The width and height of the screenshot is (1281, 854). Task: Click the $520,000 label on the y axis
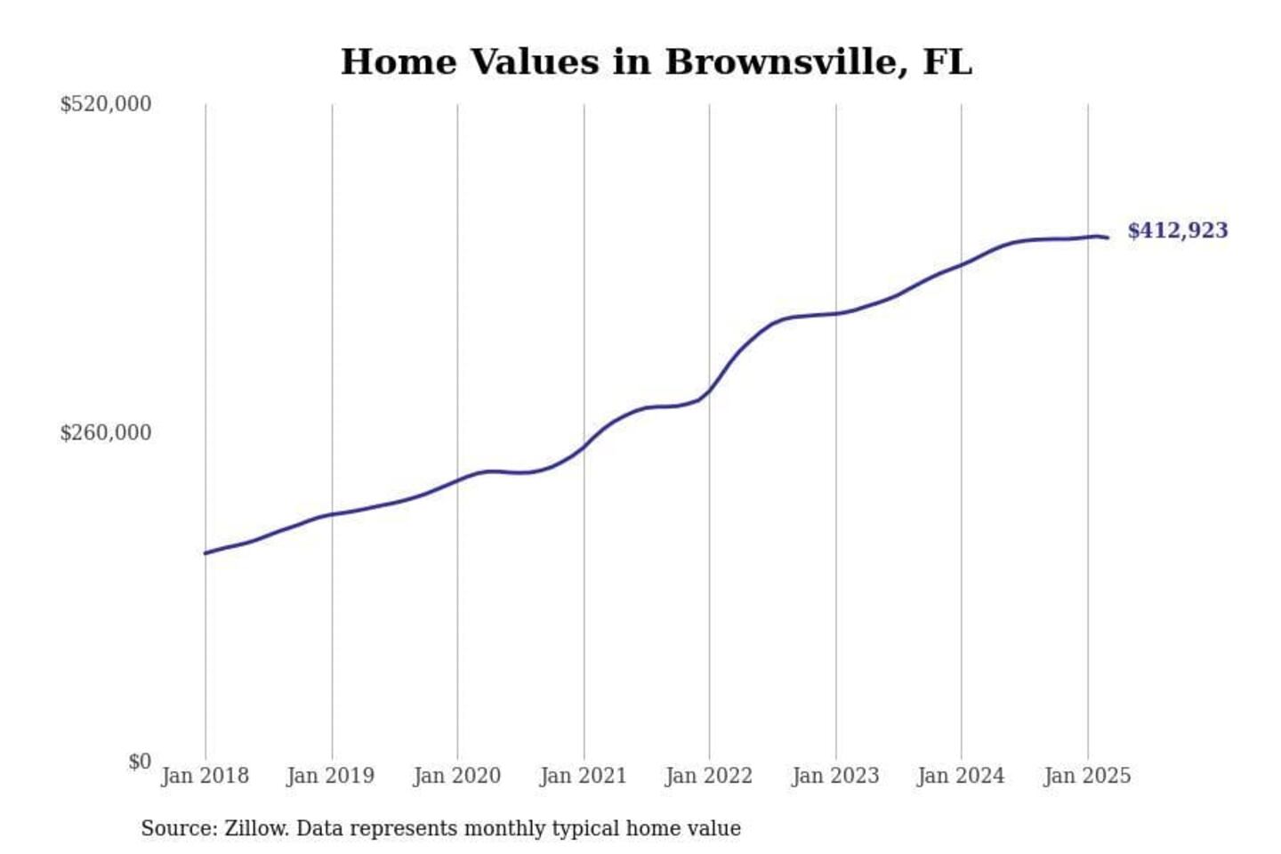point(105,104)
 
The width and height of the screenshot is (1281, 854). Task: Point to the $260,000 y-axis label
point(105,433)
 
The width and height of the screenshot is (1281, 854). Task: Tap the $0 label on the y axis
point(139,761)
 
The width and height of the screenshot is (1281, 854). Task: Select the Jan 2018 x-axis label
point(205,776)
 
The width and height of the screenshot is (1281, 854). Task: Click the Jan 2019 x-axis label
point(331,776)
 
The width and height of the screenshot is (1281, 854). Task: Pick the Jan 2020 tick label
point(457,776)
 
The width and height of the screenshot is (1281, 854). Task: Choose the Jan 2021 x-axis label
point(584,776)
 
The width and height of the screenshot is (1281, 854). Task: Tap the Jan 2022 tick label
point(709,776)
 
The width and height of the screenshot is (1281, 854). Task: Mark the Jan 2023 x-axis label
point(835,776)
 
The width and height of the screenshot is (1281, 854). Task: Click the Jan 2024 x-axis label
point(961,776)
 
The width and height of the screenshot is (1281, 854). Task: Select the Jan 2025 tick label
point(1087,776)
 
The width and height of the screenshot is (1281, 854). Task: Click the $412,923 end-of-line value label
point(1177,230)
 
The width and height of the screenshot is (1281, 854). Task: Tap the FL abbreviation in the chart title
point(947,62)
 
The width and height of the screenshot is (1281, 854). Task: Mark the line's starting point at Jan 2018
point(205,553)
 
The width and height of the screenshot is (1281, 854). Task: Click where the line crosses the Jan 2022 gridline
point(709,391)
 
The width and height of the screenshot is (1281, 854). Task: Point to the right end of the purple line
point(1108,238)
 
